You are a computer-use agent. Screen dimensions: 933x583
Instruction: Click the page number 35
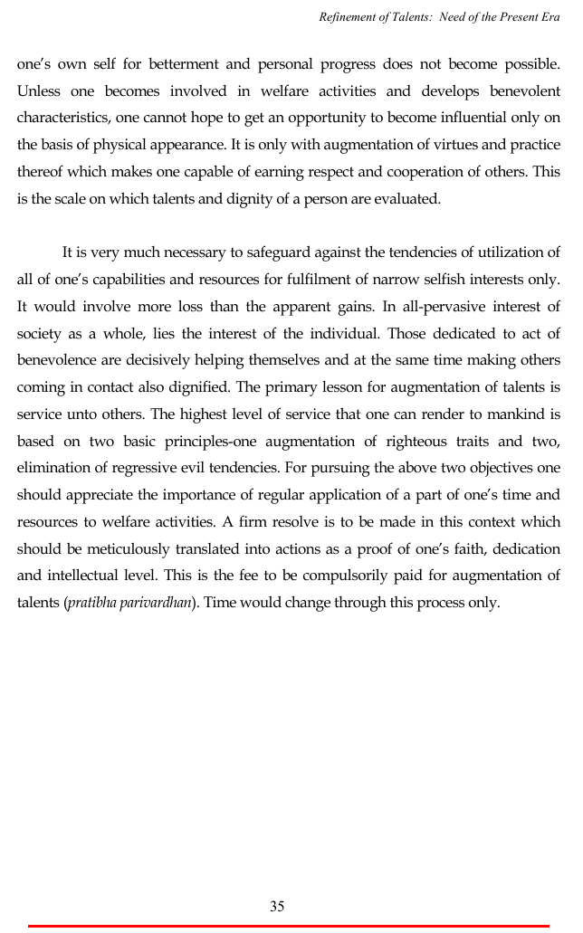pyautogui.click(x=277, y=906)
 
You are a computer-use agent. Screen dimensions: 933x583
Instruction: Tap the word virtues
pyautogui.click(x=359, y=145)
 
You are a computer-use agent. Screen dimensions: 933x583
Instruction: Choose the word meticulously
pyautogui.click(x=112, y=548)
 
